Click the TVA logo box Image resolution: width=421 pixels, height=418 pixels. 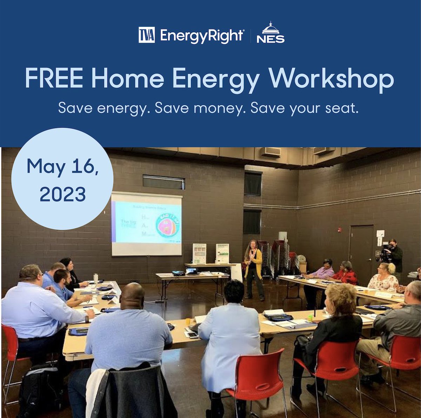click(x=146, y=35)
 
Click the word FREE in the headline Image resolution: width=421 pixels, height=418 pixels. click(x=54, y=79)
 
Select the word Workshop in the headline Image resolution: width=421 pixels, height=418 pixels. click(x=331, y=79)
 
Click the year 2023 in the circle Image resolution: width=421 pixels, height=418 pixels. click(x=62, y=194)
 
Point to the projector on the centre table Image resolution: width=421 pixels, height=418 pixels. click(x=179, y=272)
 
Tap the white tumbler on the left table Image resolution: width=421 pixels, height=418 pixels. click(x=95, y=278)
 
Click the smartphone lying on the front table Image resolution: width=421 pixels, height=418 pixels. click(x=192, y=335)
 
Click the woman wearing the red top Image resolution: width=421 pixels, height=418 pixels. click(x=346, y=273)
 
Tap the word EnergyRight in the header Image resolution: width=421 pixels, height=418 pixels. click(x=202, y=36)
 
